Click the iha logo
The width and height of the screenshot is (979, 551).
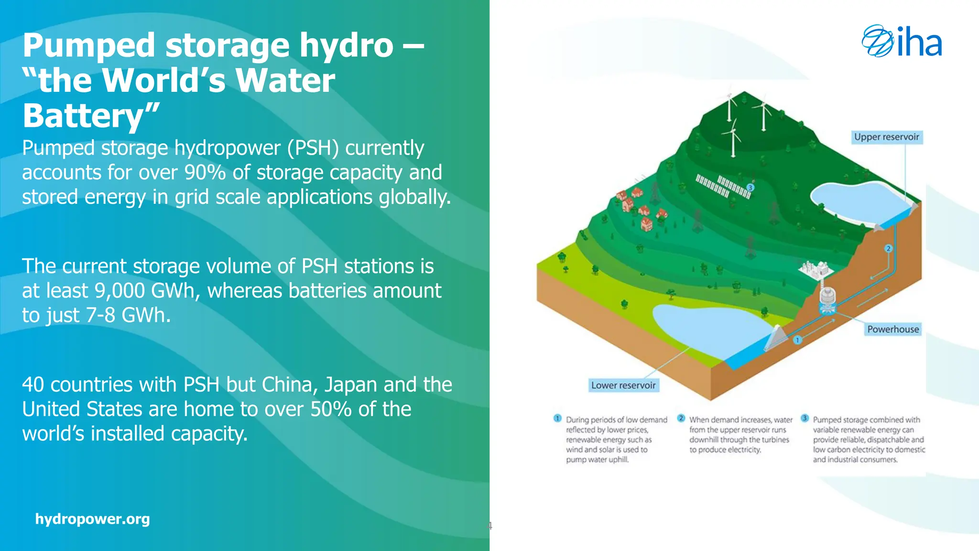902,42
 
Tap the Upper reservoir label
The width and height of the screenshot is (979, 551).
886,137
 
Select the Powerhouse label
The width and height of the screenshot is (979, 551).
892,329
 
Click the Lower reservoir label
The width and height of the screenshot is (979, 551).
623,386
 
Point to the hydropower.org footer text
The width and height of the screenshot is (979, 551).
92,519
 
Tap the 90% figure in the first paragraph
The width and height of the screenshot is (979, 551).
205,173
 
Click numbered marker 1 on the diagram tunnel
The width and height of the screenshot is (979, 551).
797,340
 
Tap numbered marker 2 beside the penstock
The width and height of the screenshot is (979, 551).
888,248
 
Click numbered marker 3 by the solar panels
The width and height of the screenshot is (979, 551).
751,187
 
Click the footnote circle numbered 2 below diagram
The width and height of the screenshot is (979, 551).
681,419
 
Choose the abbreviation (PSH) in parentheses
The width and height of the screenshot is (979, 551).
313,148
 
